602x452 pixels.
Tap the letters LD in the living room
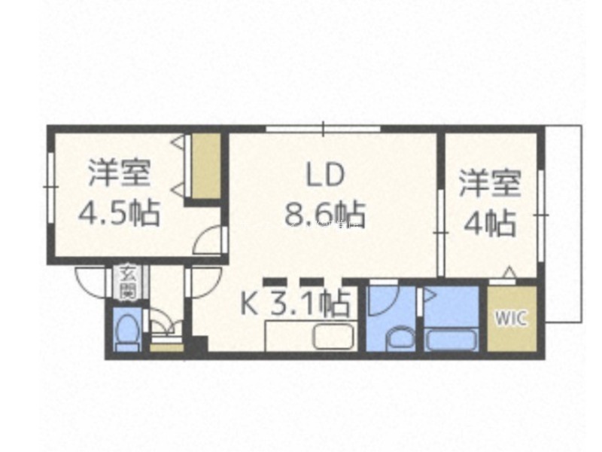tap(325, 175)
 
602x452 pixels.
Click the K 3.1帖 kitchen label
tap(295, 303)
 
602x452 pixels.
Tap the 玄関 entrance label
tap(127, 282)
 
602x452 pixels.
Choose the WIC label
tap(511, 318)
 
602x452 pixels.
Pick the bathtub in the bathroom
tap(451, 340)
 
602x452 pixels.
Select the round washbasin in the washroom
tap(402, 338)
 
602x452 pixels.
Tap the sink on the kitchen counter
tap(333, 336)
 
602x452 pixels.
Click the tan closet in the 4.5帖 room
tap(206, 166)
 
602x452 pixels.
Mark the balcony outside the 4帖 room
tap(563, 224)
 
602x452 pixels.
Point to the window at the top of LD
tap(324, 129)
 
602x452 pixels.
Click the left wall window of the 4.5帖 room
tap(50, 187)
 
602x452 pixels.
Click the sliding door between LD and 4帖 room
tap(441, 233)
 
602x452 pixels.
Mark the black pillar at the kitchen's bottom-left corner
tap(199, 344)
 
